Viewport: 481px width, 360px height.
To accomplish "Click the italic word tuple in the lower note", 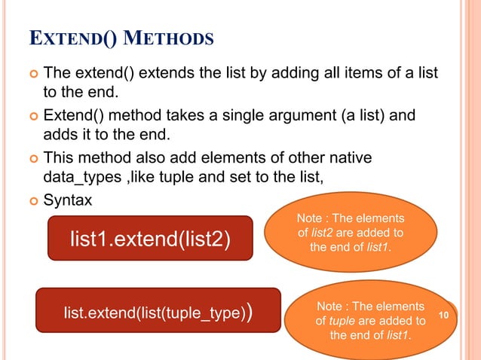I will pyautogui.click(x=344, y=321).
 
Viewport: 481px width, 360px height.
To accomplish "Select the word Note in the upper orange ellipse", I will pyautogui.click(x=312, y=218).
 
